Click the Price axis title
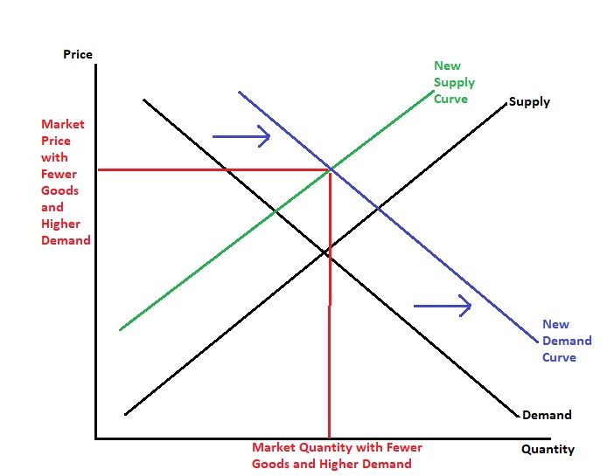point(78,55)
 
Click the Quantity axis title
point(548,450)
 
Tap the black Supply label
point(529,102)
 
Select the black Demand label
point(547,415)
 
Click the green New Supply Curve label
point(454,82)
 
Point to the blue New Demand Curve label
point(567,341)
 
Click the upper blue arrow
point(241,135)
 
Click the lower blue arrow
point(443,306)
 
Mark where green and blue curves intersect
point(330,169)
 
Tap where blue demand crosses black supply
point(377,208)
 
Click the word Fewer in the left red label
point(59,174)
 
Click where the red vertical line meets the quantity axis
point(329,438)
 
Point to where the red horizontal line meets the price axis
point(96,169)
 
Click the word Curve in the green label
point(450,99)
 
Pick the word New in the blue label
point(555,325)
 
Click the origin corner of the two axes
point(95,438)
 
